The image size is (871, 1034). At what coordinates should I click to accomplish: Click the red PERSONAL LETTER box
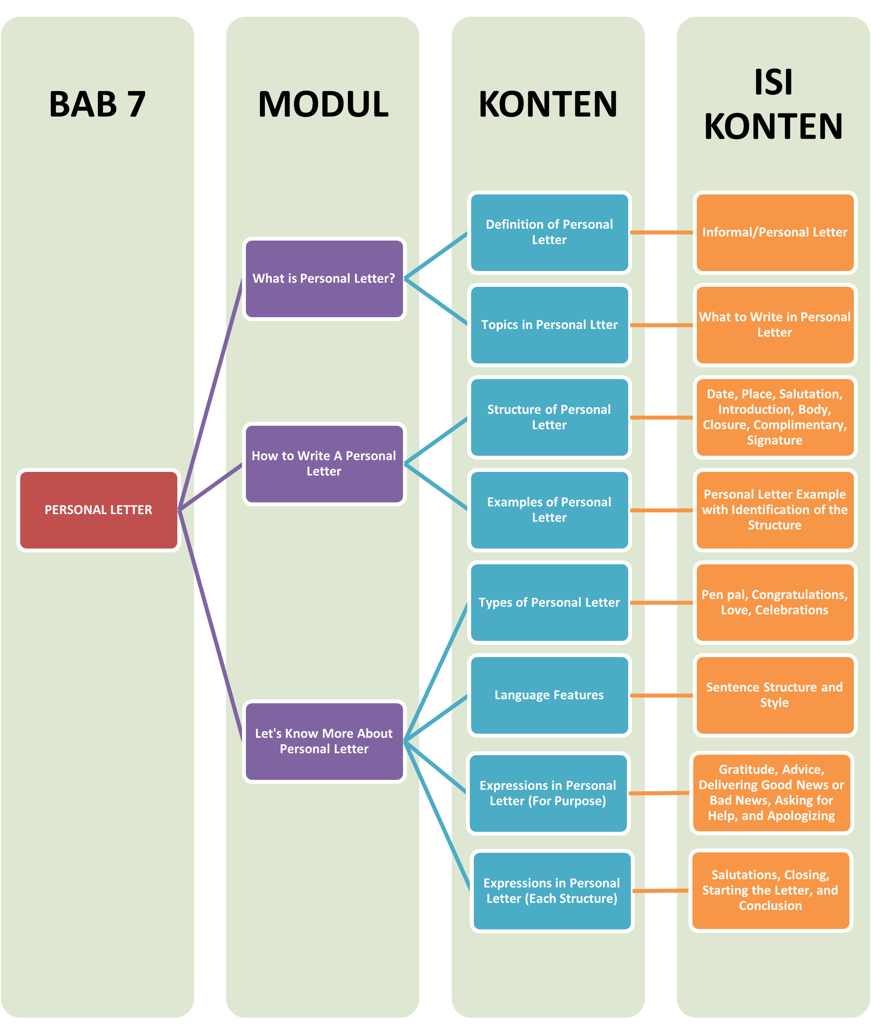(98, 510)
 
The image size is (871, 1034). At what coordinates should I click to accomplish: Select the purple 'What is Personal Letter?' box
(324, 279)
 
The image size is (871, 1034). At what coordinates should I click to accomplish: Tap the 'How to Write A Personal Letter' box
(324, 464)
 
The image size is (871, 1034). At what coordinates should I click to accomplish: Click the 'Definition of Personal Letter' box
(549, 232)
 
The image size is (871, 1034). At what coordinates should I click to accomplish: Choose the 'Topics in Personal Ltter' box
(549, 325)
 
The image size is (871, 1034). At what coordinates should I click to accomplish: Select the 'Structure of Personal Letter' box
(549, 417)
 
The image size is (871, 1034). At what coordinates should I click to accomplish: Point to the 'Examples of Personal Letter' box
(549, 510)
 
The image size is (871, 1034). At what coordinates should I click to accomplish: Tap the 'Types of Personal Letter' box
(549, 602)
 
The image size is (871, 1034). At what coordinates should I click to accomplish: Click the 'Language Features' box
(549, 695)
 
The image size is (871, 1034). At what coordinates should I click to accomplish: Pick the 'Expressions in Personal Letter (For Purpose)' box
(548, 793)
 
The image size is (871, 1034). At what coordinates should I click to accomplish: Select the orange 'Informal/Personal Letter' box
(774, 232)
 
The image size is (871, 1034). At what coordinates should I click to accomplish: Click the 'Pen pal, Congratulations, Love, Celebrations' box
(774, 602)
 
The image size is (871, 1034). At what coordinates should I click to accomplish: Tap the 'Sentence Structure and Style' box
(774, 695)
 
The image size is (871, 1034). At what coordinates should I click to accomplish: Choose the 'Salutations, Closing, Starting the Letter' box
(770, 890)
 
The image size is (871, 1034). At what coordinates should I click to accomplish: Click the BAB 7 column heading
(97, 104)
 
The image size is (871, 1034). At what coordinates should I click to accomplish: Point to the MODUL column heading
(323, 104)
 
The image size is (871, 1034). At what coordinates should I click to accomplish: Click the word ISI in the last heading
(773, 82)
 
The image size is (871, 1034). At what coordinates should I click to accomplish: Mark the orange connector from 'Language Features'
(662, 695)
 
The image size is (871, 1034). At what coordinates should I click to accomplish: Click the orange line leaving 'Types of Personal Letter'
(662, 603)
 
